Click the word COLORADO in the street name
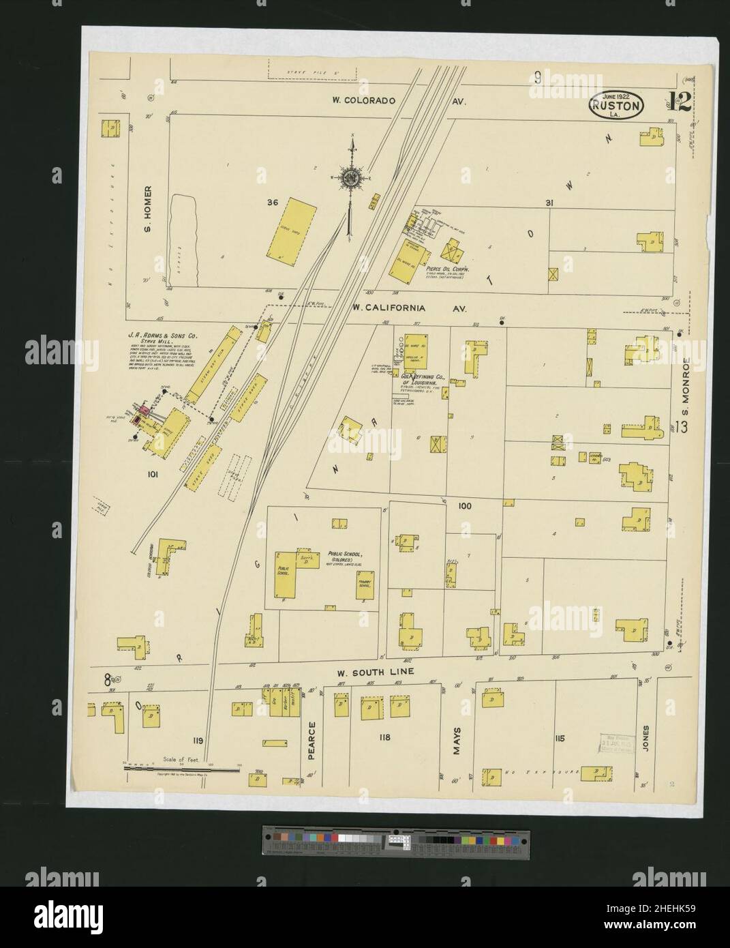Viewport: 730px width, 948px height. [373, 101]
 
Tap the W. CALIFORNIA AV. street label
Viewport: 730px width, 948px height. [409, 308]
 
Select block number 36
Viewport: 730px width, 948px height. [273, 203]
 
